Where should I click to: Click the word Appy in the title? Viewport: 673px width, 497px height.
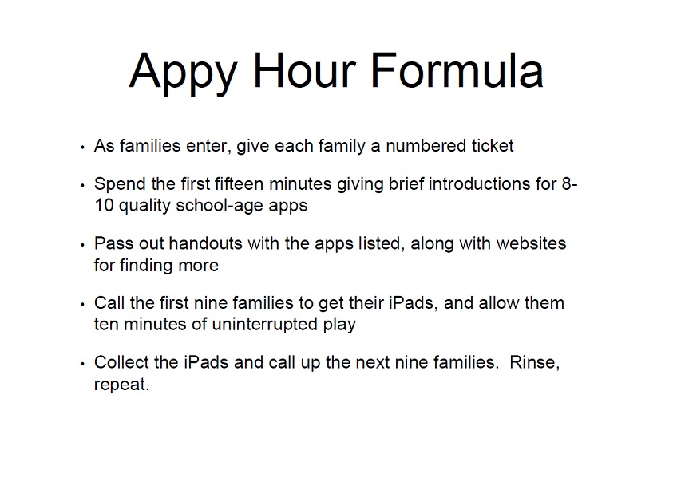[184, 73]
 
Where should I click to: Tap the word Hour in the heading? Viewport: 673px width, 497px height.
[304, 70]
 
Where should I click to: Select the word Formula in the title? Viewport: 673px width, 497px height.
[457, 70]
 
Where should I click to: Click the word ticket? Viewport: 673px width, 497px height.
[493, 146]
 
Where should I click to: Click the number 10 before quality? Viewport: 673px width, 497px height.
[104, 206]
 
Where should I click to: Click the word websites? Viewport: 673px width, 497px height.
[531, 243]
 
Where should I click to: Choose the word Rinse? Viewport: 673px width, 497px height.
[532, 362]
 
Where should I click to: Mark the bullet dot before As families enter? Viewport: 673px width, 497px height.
[82, 148]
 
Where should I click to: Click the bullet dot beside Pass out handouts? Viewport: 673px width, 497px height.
[82, 245]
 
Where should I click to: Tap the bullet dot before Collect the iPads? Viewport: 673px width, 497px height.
[82, 364]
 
